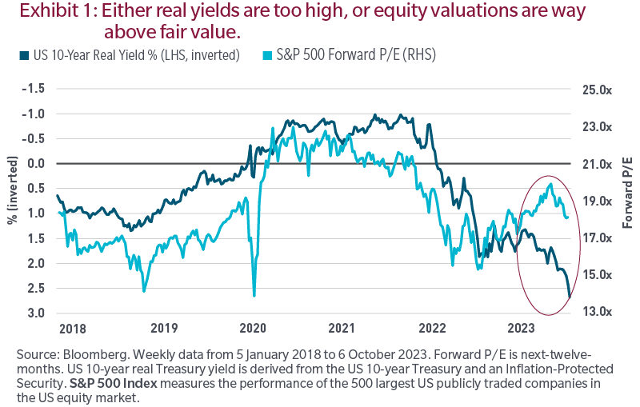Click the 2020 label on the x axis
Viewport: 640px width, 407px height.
tap(253, 328)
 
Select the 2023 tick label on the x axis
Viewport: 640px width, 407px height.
tap(522, 328)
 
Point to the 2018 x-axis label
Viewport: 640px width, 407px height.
tap(74, 328)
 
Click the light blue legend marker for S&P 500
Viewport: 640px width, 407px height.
tap(269, 54)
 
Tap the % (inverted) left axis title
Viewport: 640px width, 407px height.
tap(12, 200)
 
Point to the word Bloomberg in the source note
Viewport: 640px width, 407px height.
tap(94, 353)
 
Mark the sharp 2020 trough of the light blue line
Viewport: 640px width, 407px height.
tap(254, 296)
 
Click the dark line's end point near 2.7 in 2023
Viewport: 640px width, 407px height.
tap(570, 297)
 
